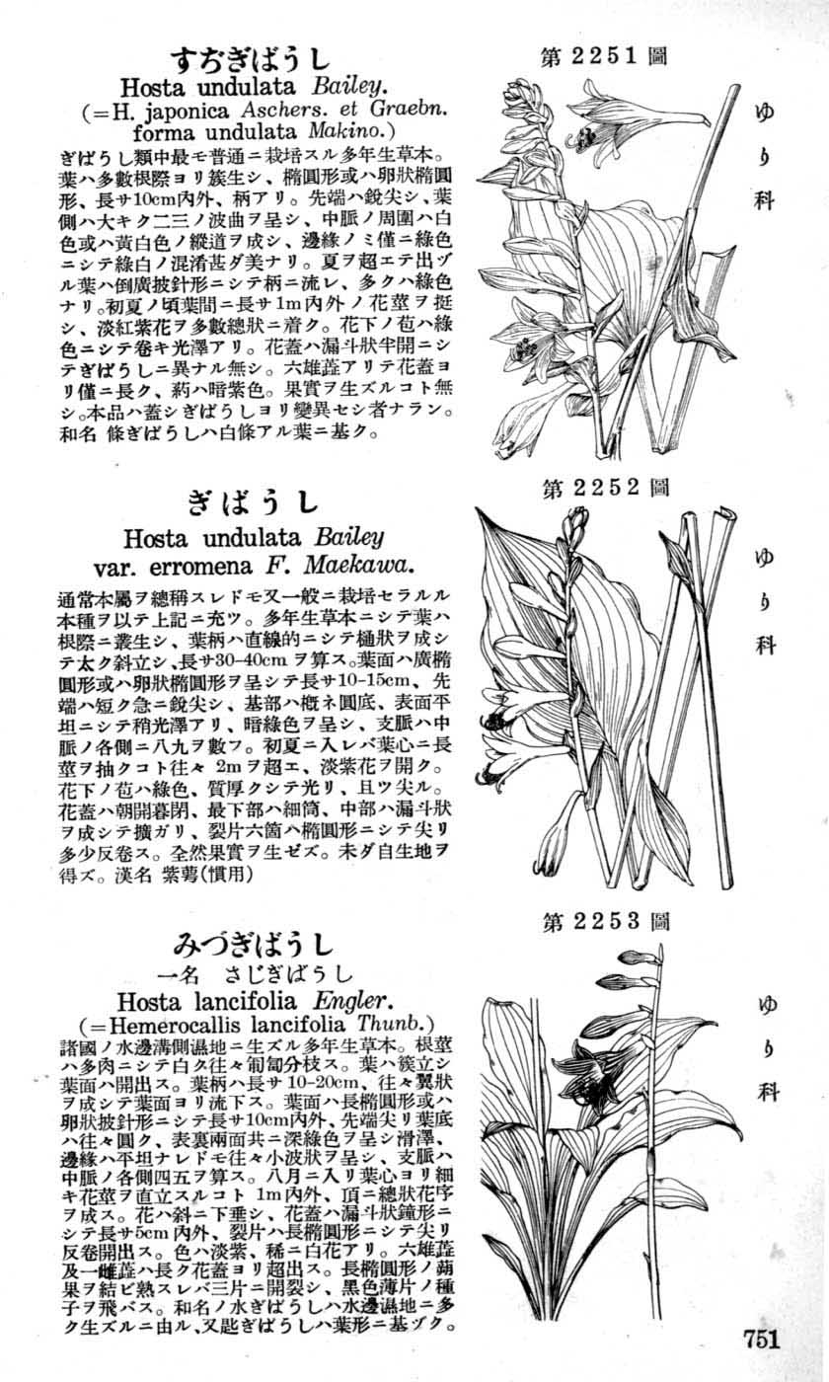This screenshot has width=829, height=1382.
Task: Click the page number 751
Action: click(x=763, y=1339)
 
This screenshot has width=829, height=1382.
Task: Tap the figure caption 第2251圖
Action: click(x=604, y=55)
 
